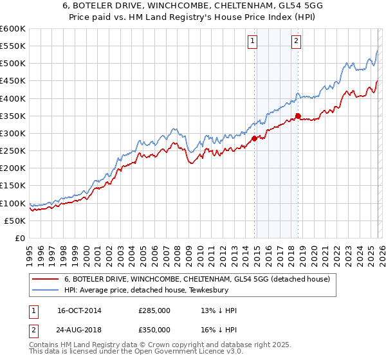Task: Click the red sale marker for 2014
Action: (255, 138)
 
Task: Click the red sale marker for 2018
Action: (298, 116)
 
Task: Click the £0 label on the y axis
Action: (21, 238)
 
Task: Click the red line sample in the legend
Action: (46, 279)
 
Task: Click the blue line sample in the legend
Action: (46, 290)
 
